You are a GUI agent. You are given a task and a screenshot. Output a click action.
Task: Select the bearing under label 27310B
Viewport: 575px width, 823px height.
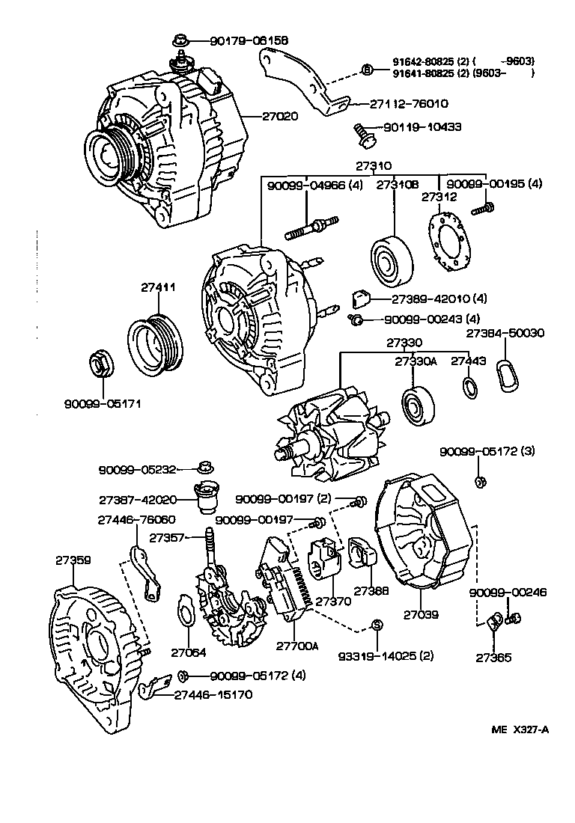pos(391,262)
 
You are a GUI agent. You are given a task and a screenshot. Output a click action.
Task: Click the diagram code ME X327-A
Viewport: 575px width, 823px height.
pos(520,730)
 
